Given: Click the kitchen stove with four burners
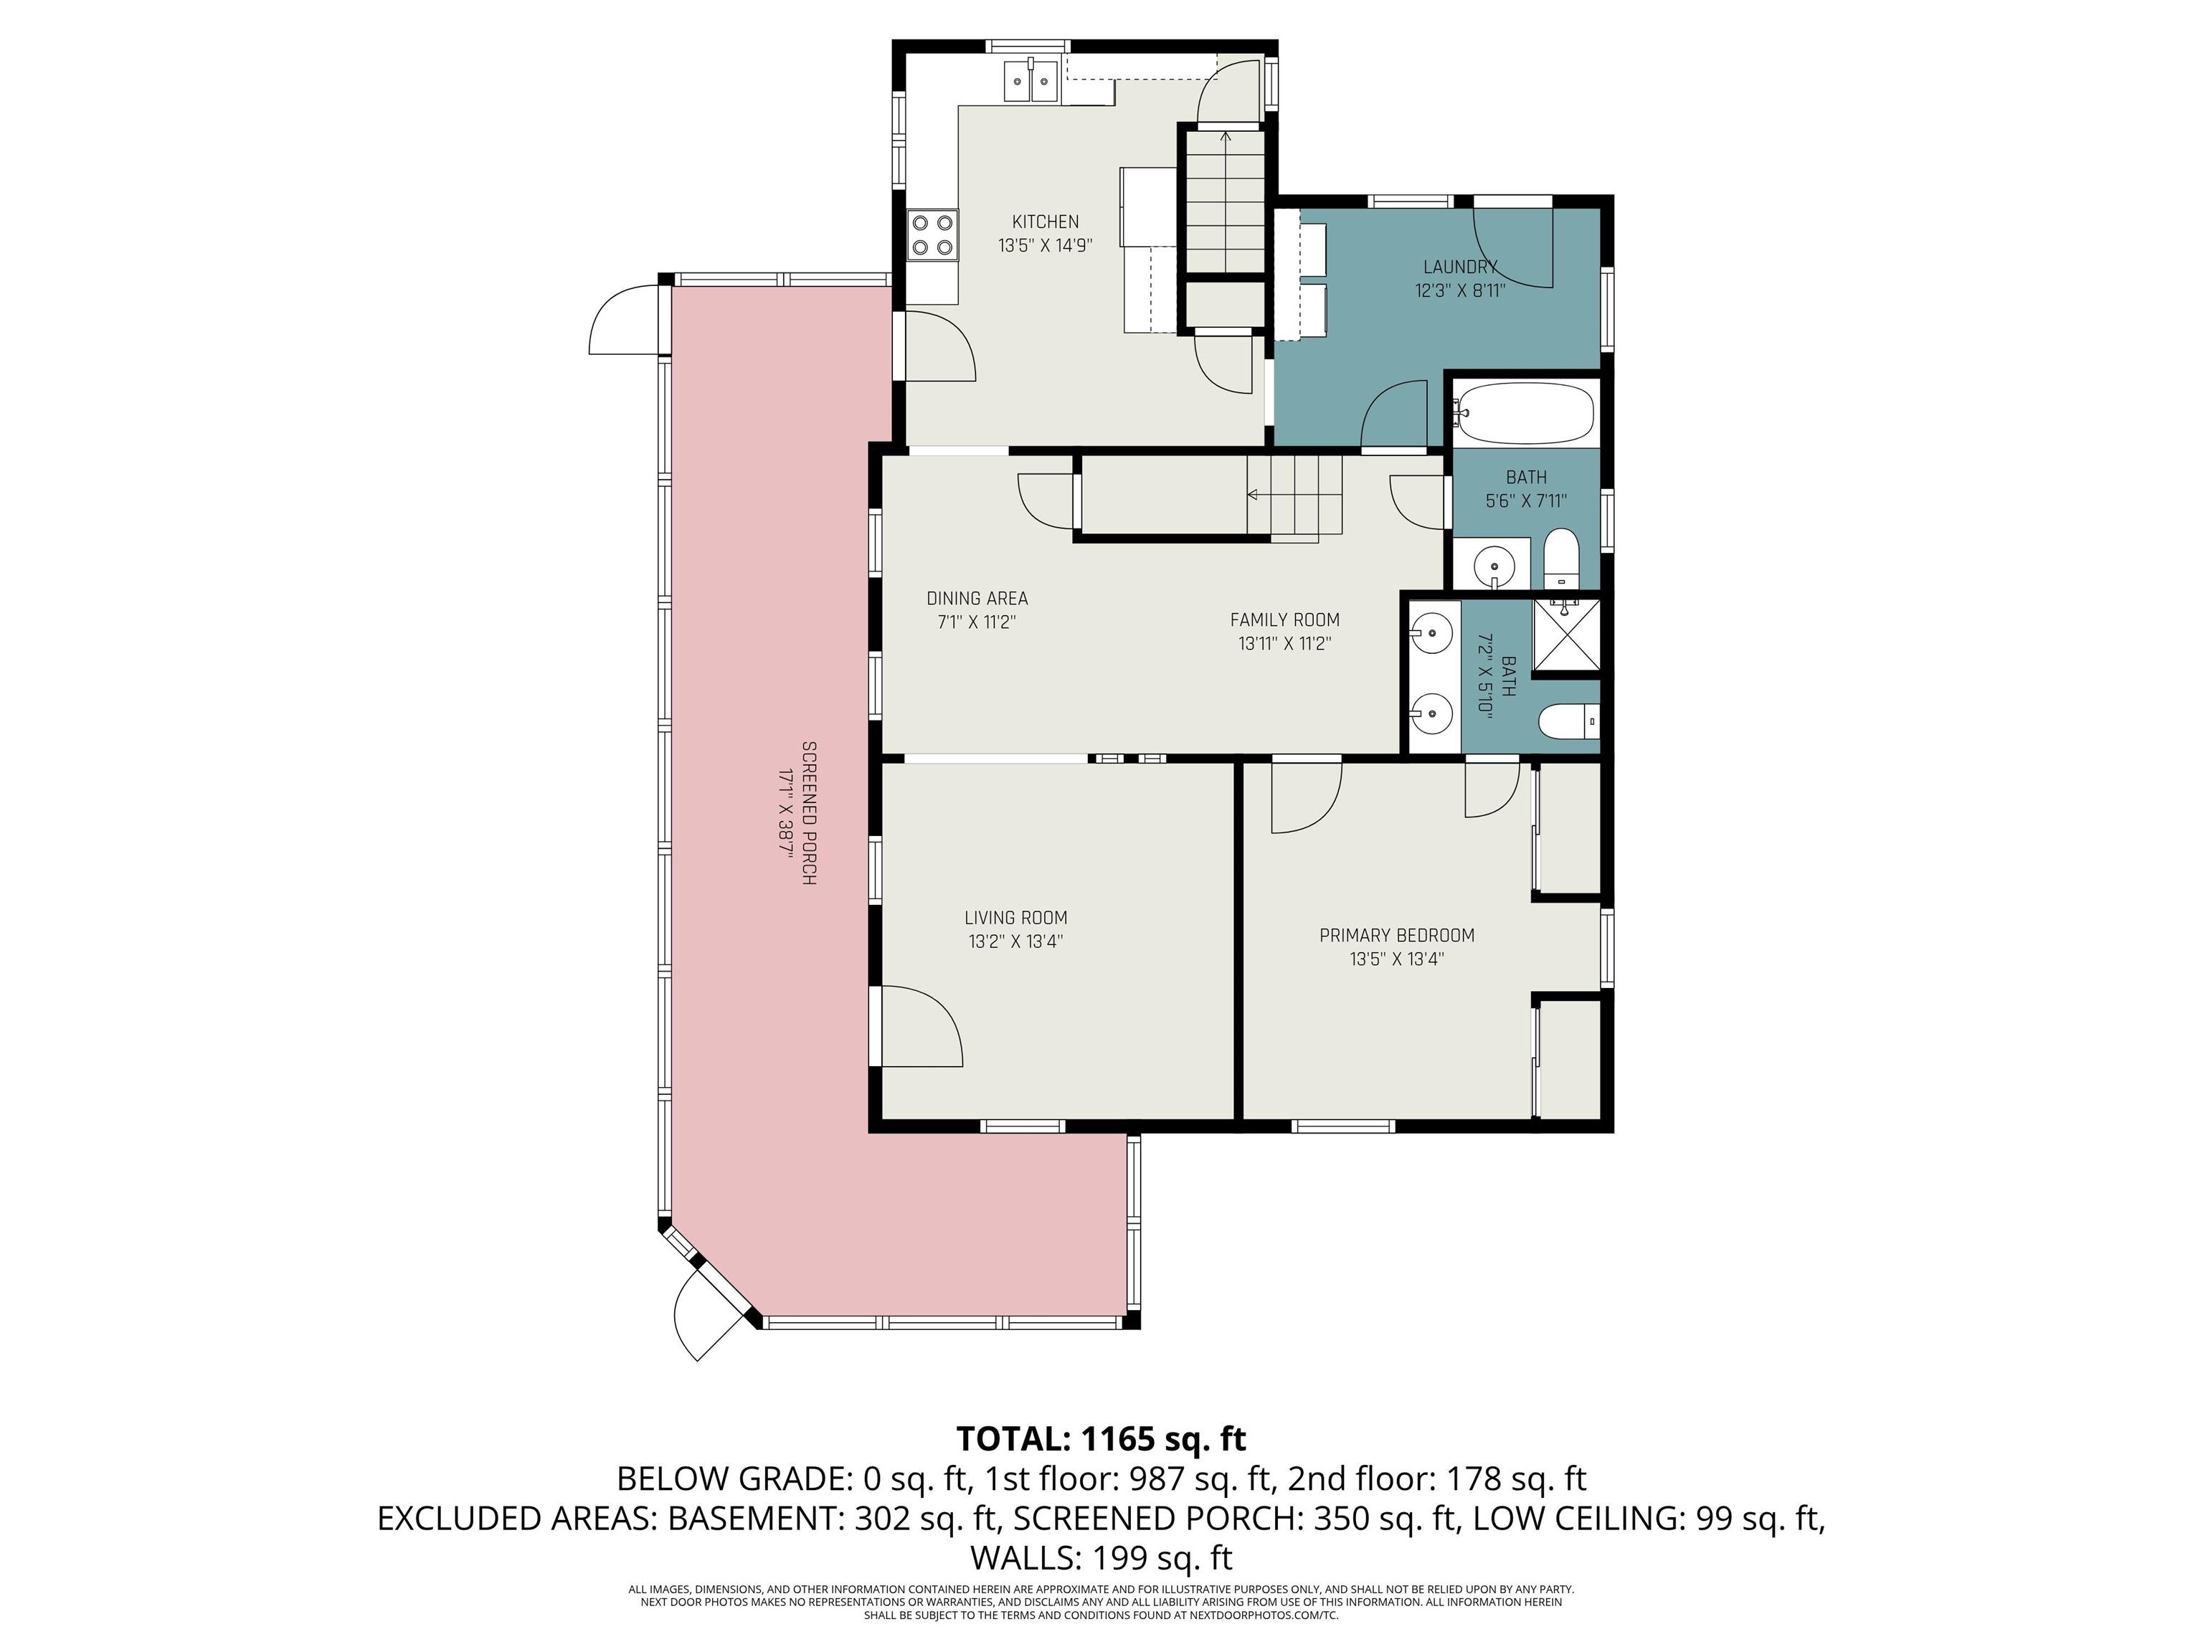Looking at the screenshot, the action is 932,235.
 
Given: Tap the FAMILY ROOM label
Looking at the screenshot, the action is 1285,619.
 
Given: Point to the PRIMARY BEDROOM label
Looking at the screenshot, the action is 1396,935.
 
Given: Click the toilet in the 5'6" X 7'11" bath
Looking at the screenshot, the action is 1560,559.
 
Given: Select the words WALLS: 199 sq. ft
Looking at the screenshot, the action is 1101,1557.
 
